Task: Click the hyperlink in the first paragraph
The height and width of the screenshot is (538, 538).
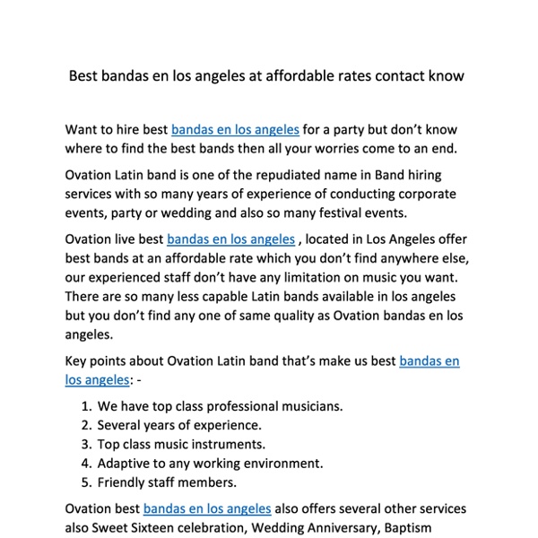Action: pos(235,129)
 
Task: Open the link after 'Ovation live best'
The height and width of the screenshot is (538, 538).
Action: pos(230,239)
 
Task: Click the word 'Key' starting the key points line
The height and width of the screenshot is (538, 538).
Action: pos(77,360)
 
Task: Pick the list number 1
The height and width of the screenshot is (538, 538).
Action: pos(85,406)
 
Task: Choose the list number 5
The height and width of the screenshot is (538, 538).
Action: pos(85,482)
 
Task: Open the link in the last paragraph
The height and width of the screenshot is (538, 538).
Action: pos(207,509)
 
